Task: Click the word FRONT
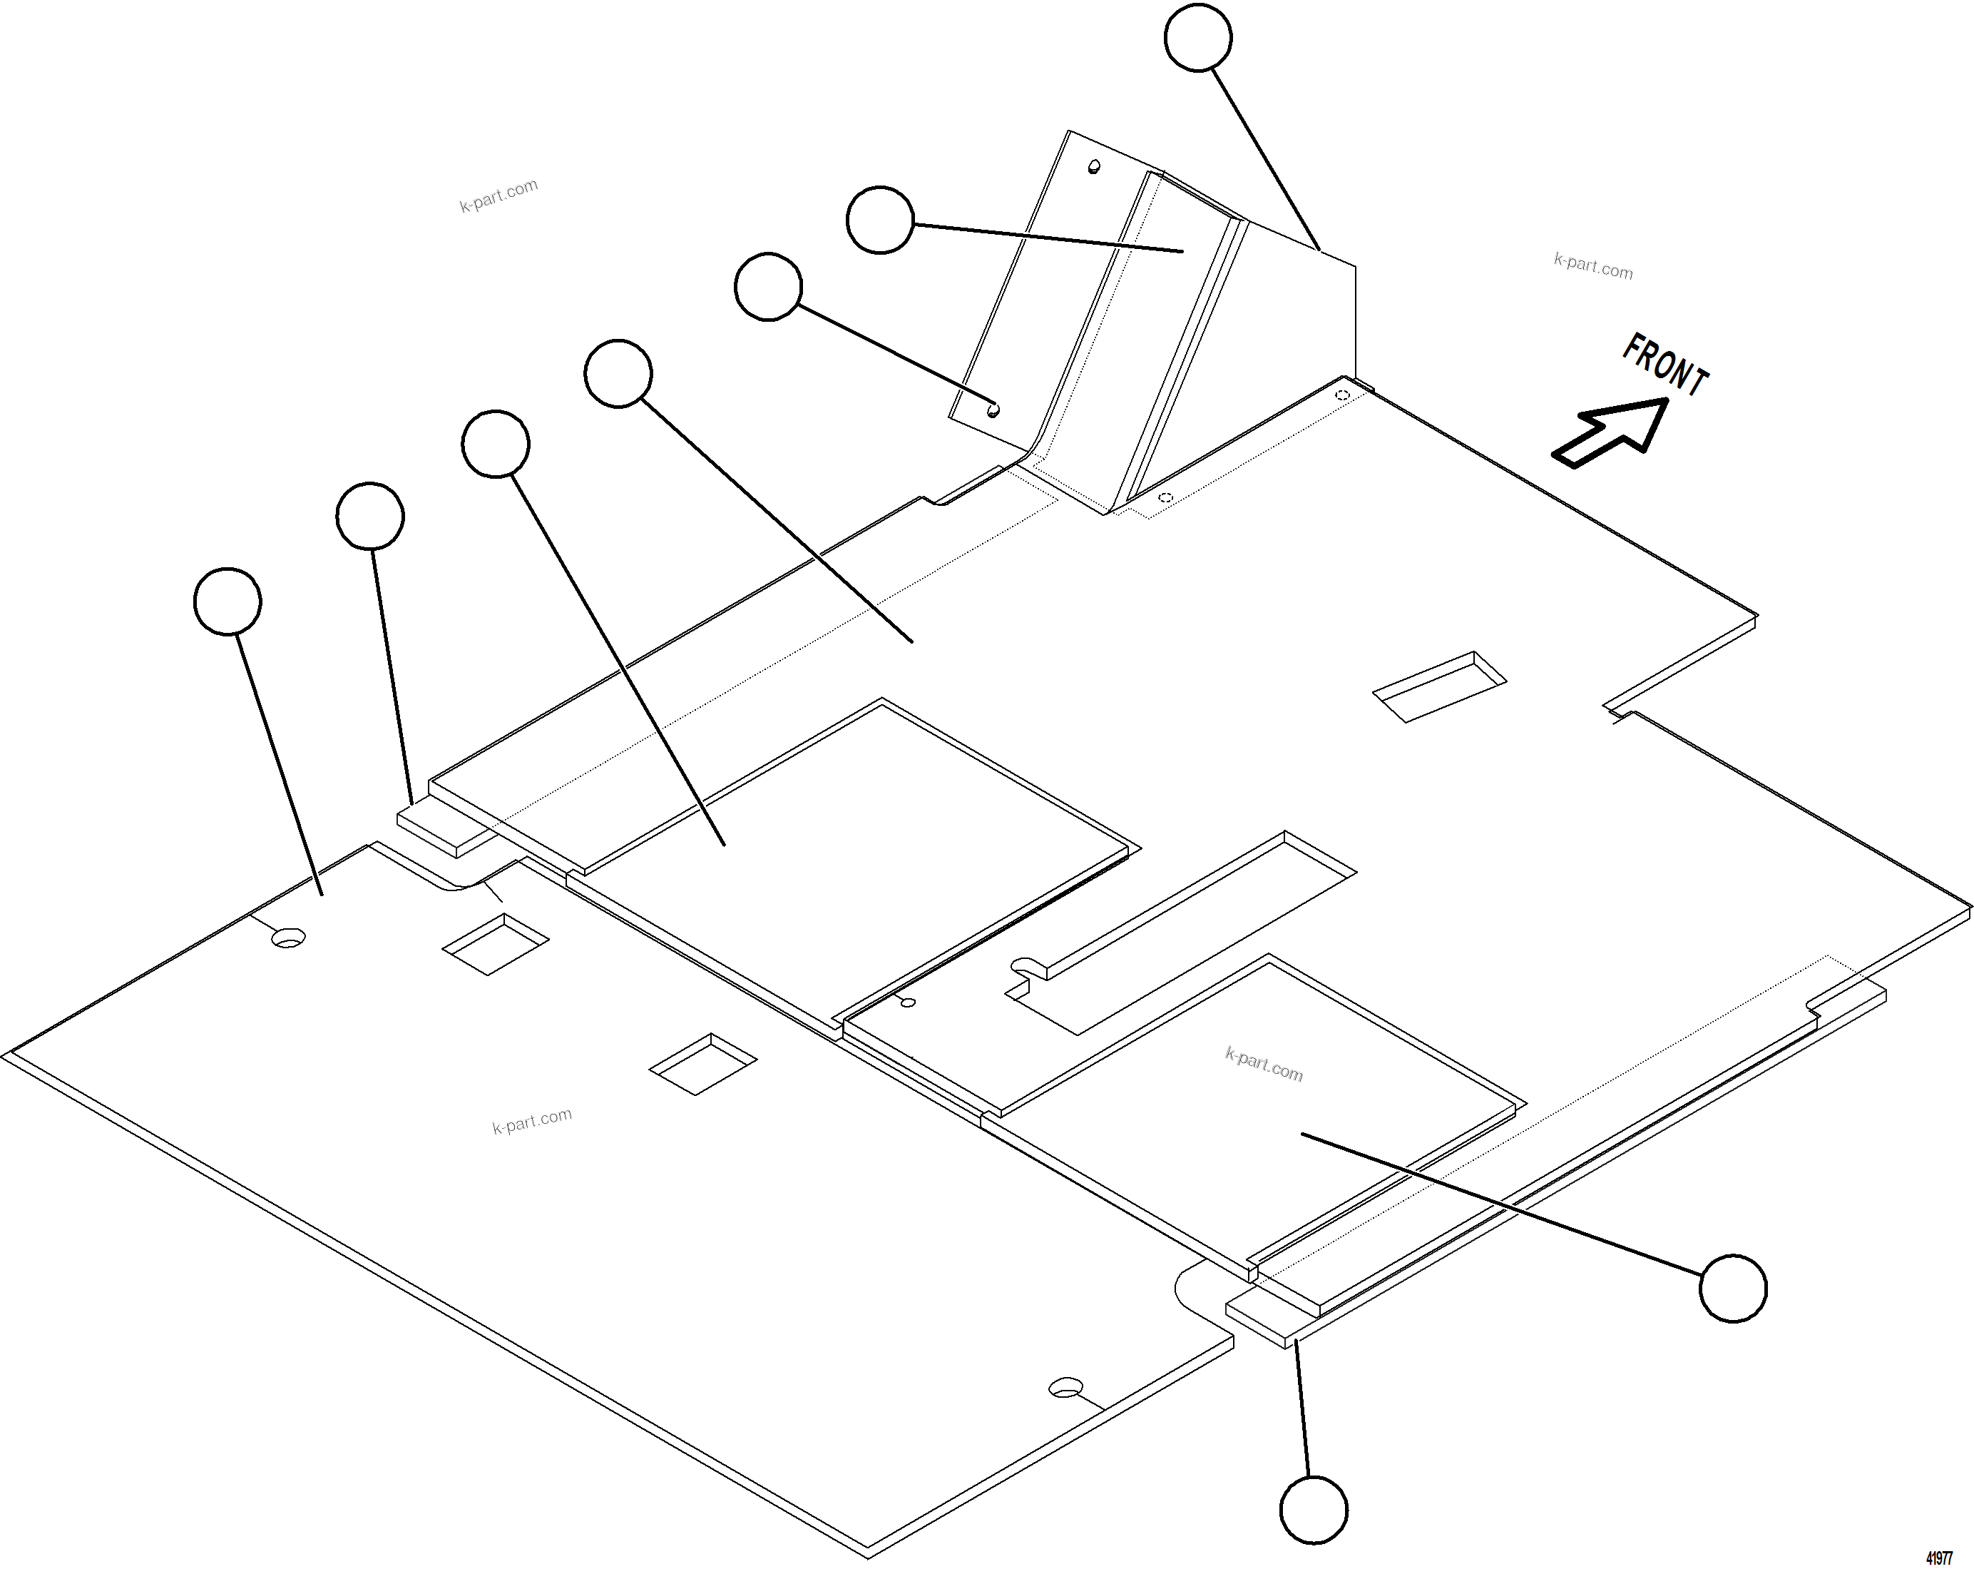pyautogui.click(x=1664, y=365)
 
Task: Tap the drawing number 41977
pyautogui.click(x=1939, y=1557)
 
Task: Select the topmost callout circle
pyautogui.click(x=1197, y=36)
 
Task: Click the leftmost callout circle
pyautogui.click(x=228, y=601)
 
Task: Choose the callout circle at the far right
pyautogui.click(x=1732, y=1288)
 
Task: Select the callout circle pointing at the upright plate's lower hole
pyautogui.click(x=768, y=287)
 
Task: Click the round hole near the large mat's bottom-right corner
pyautogui.click(x=1065, y=1387)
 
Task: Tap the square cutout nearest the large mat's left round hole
pyautogui.click(x=496, y=945)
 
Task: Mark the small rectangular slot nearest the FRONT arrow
pyautogui.click(x=1439, y=687)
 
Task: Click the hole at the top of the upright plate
pyautogui.click(x=1093, y=167)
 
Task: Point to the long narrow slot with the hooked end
pyautogui.click(x=1181, y=933)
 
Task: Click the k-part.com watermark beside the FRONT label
pyautogui.click(x=1593, y=265)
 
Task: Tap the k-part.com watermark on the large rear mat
pyautogui.click(x=532, y=1120)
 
